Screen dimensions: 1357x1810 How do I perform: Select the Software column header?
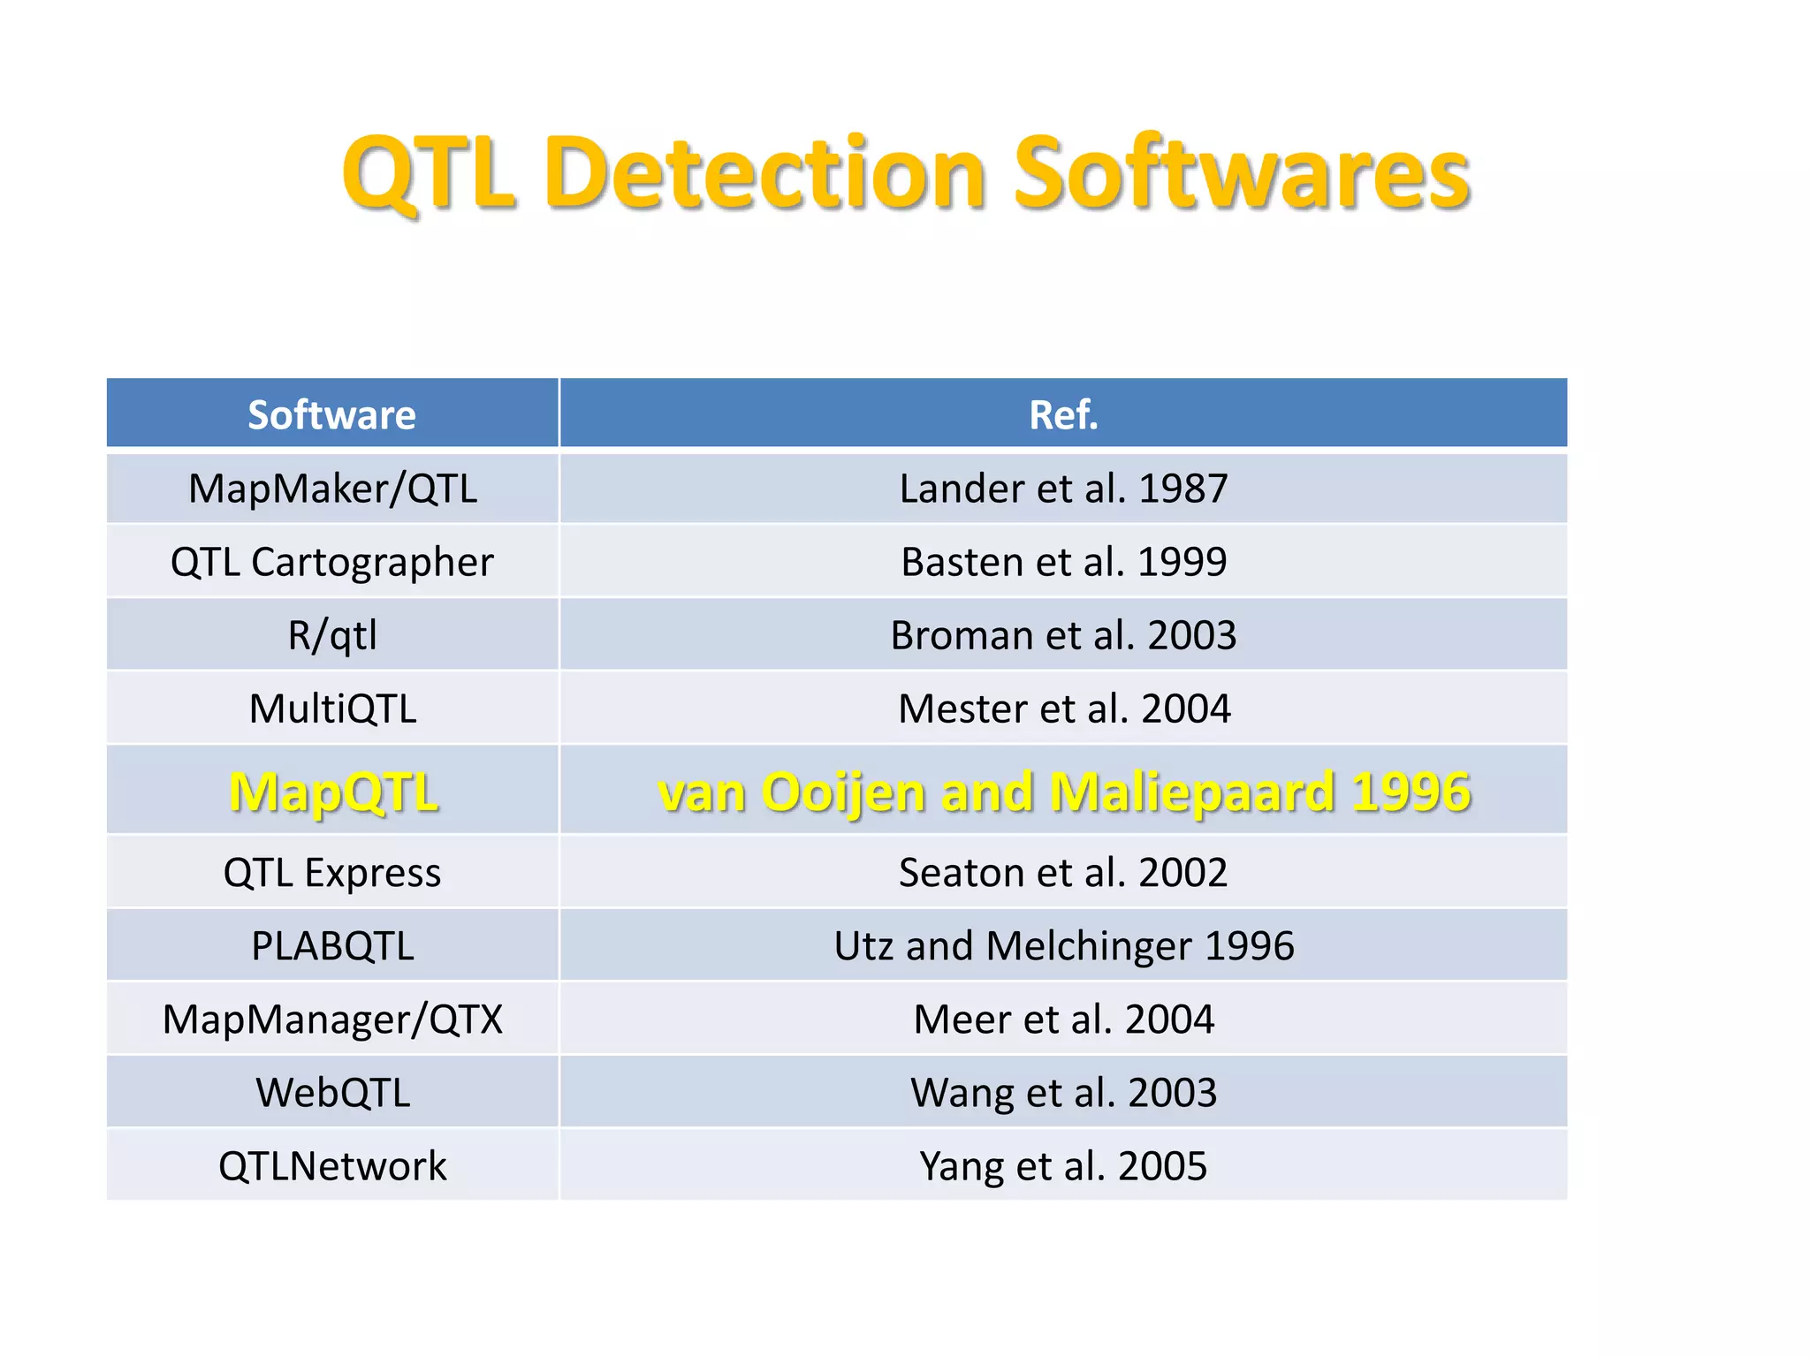pos(331,414)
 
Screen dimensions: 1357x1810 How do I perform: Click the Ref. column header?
pos(1063,414)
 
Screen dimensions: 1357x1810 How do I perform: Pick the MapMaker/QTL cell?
pos(332,489)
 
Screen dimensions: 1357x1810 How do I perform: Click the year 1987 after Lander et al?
pos(1183,489)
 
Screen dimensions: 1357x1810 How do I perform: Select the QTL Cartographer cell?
pos(332,562)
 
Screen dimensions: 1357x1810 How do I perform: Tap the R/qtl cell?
pos(332,635)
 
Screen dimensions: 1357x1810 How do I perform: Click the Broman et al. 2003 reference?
pos(1063,635)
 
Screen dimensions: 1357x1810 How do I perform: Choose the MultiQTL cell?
pos(332,709)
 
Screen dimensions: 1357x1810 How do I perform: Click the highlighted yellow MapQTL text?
pos(333,792)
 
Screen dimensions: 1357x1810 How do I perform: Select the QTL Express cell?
pos(332,873)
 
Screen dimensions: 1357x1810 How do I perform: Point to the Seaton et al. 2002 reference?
pos(1063,873)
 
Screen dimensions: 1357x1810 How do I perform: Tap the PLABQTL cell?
pos(332,946)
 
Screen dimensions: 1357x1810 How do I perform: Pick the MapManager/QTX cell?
pos(332,1020)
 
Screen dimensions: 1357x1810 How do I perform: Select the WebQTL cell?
pos(332,1093)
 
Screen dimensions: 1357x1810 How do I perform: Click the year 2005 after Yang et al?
pos(1162,1166)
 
